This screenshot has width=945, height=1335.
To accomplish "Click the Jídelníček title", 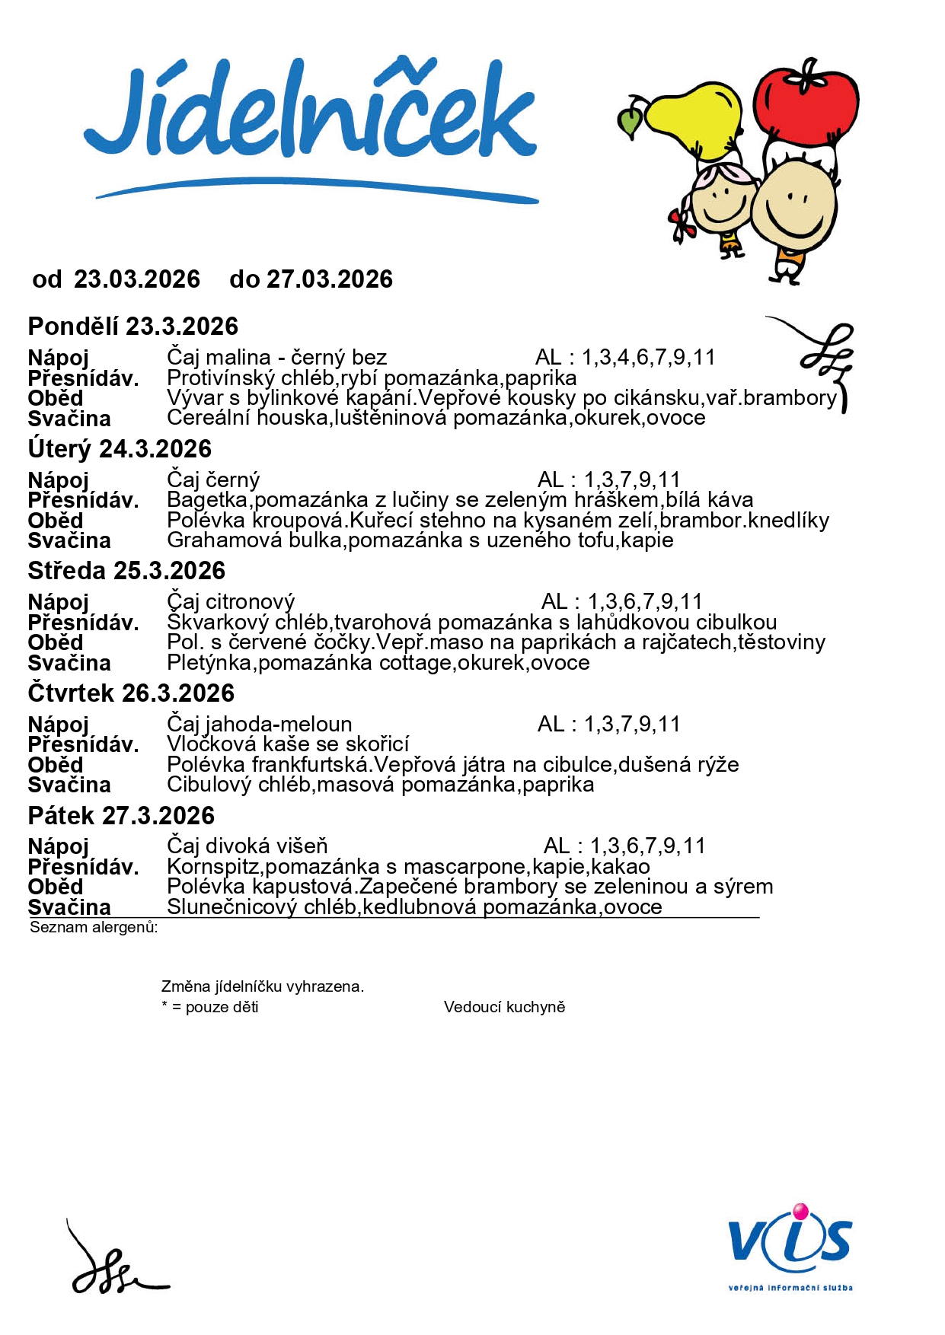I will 311,114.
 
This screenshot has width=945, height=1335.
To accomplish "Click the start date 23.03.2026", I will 137,279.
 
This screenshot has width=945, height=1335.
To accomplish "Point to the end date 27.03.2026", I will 329,279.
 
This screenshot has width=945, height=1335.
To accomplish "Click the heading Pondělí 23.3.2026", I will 133,327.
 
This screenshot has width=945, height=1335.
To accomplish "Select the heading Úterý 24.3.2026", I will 120,449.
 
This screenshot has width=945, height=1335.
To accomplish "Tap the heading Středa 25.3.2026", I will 126,571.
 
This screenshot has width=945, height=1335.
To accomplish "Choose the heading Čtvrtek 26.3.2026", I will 131,693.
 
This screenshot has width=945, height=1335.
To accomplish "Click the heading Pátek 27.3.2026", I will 121,816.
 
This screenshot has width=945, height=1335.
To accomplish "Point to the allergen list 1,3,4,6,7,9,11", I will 649,357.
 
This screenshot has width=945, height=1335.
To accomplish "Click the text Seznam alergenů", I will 94,927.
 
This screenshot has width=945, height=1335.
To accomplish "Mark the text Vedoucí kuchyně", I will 504,1007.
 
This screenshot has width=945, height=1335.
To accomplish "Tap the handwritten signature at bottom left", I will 114,1263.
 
